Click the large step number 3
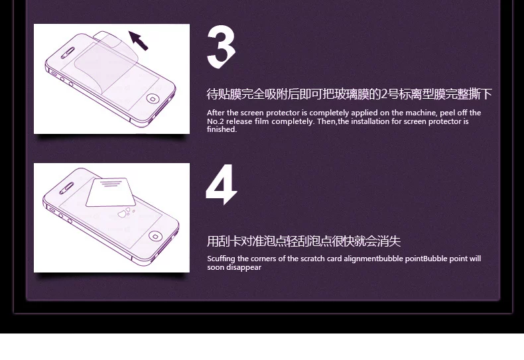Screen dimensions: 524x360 pos(221,47)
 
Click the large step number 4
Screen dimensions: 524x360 pos(222,184)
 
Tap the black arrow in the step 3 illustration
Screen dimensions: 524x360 pos(139,40)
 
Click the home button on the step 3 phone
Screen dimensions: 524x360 pos(153,99)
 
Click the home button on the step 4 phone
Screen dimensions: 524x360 pos(155,236)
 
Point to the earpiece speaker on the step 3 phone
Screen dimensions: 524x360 pos(68,52)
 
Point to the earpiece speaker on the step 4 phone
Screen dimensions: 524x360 pos(66,188)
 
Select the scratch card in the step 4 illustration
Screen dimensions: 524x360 pos(111,192)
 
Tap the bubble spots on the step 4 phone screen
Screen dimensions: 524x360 pos(125,212)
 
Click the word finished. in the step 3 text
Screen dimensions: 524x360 pos(222,129)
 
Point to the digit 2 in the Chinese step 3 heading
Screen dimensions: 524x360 pos(384,95)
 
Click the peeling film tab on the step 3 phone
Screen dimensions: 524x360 pos(109,36)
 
